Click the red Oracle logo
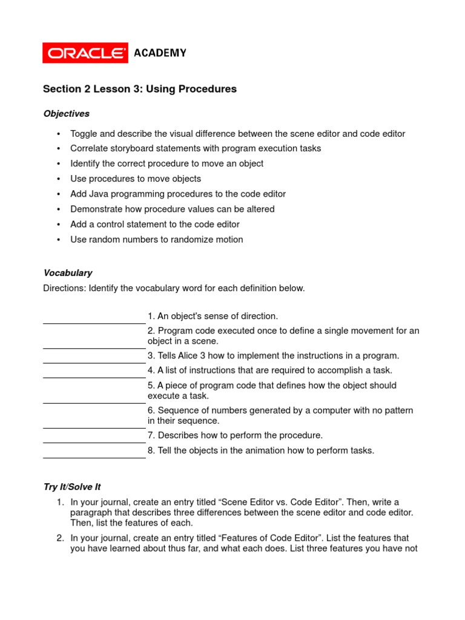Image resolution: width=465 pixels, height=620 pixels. [85, 53]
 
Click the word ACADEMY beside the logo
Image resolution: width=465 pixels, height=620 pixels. [160, 53]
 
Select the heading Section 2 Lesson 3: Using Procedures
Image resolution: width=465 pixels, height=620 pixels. [139, 89]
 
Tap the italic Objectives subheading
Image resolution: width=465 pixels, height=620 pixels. [66, 113]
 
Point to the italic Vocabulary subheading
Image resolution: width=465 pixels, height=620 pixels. [67, 273]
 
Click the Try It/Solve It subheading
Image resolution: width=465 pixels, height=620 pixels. [76, 487]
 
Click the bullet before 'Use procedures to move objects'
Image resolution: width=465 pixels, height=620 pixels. [59, 179]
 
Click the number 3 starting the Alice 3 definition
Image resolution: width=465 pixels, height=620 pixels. [150, 356]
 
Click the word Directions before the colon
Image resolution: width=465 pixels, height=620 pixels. [64, 288]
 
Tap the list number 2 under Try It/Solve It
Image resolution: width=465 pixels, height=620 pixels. [61, 538]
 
